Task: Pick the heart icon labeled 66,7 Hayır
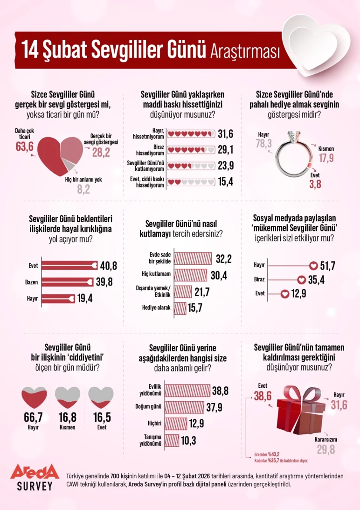[33, 397]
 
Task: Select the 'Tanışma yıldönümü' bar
[173, 440]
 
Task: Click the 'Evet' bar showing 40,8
[70, 265]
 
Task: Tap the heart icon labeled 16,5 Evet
[101, 397]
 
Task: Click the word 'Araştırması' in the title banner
[245, 50]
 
